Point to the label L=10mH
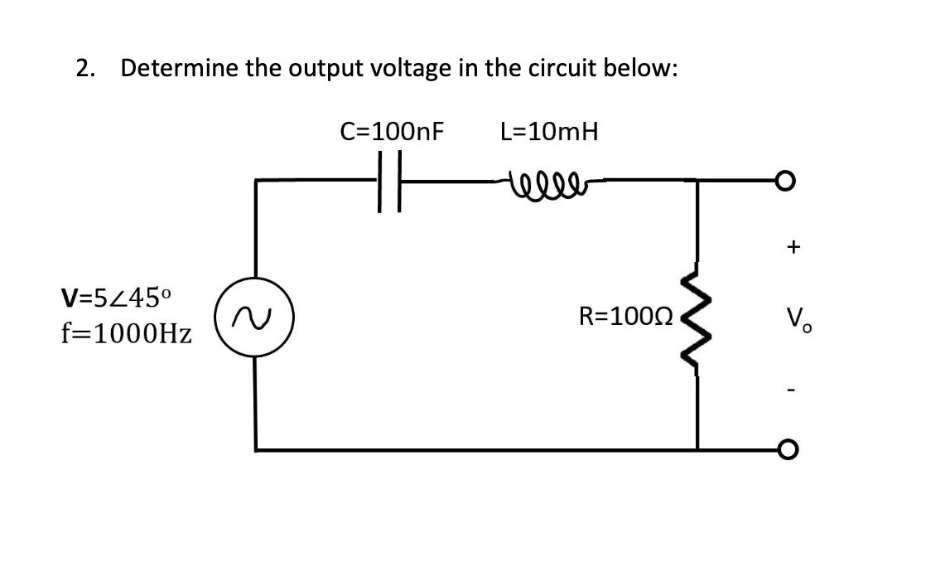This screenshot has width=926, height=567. pos(548,132)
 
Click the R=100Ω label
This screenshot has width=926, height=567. pos(626,316)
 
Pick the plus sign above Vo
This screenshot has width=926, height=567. pos(794,246)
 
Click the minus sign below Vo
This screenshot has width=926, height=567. pos(795,388)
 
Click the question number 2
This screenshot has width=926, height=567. pos(84,68)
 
